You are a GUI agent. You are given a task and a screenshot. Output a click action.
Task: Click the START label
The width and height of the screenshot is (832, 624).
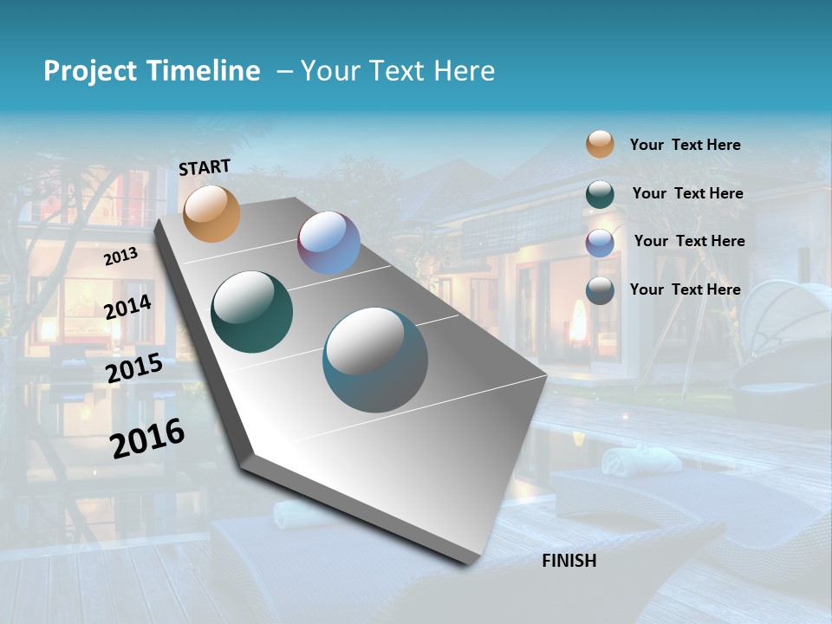205,167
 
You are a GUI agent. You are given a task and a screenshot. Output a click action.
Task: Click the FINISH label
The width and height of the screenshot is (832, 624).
569,561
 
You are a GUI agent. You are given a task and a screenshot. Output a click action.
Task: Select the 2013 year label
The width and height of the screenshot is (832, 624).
121,257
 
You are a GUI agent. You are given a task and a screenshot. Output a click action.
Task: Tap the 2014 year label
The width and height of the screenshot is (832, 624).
128,307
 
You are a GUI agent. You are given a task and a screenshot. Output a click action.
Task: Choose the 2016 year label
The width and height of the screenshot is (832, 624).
148,439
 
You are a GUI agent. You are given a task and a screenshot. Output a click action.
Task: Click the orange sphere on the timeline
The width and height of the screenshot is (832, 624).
211,213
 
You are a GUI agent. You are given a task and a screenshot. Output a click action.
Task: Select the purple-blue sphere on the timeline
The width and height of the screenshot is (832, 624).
328,243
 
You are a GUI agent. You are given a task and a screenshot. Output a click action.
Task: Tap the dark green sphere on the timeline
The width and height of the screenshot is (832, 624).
252,312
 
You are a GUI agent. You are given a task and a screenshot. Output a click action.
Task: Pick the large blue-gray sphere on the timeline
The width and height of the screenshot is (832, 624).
375,360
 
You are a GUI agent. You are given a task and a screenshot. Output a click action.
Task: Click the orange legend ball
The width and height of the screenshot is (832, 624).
600,144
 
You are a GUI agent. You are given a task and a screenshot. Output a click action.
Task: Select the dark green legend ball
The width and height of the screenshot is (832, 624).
600,194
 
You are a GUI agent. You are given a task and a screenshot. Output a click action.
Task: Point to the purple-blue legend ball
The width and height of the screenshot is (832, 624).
600,243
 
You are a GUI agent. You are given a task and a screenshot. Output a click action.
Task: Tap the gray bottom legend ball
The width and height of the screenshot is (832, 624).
600,290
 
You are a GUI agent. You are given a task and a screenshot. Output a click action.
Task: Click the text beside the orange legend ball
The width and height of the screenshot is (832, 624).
685,145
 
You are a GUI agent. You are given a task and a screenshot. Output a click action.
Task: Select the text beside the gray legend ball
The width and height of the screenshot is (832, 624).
685,289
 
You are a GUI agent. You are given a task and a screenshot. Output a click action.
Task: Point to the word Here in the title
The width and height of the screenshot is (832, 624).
464,71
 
